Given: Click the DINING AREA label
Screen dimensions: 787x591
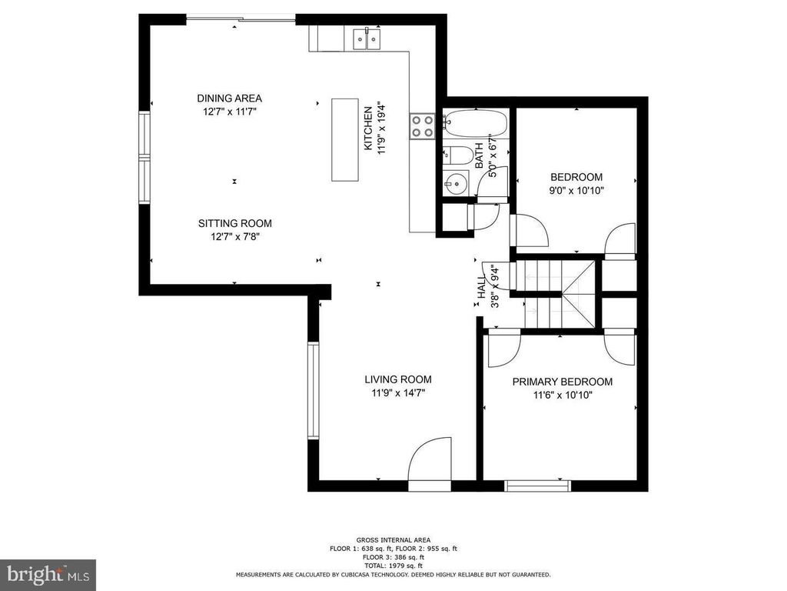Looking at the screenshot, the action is coord(229,98).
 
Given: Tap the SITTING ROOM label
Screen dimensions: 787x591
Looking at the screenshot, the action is coord(235,223).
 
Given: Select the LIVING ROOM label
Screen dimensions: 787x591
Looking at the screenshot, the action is coord(398,379).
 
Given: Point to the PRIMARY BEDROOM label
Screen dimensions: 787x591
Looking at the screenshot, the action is coord(562,382).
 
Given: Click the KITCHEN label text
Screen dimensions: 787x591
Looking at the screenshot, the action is coord(368,129).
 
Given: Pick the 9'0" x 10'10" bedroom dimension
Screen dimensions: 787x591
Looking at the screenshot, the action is coord(576,191).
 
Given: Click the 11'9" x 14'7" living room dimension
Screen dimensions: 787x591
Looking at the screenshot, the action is coord(398,393).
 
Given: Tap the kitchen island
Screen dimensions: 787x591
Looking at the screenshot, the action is coord(345,140).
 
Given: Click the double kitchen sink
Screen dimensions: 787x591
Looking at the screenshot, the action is coord(367,39).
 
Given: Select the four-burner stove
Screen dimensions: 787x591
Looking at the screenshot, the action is coord(423,126).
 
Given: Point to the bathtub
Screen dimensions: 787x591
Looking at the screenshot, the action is coord(475,122).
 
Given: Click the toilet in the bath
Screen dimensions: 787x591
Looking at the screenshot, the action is coord(457,155).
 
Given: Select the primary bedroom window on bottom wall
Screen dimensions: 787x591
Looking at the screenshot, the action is coord(537,486).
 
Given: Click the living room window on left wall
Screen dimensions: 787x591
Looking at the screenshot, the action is coord(314,390).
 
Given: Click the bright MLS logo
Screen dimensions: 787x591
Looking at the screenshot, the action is coord(48,574).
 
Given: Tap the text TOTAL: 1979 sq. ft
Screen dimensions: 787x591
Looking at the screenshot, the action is coord(393,566).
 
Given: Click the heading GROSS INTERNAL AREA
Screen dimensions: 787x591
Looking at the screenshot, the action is coord(393,540).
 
